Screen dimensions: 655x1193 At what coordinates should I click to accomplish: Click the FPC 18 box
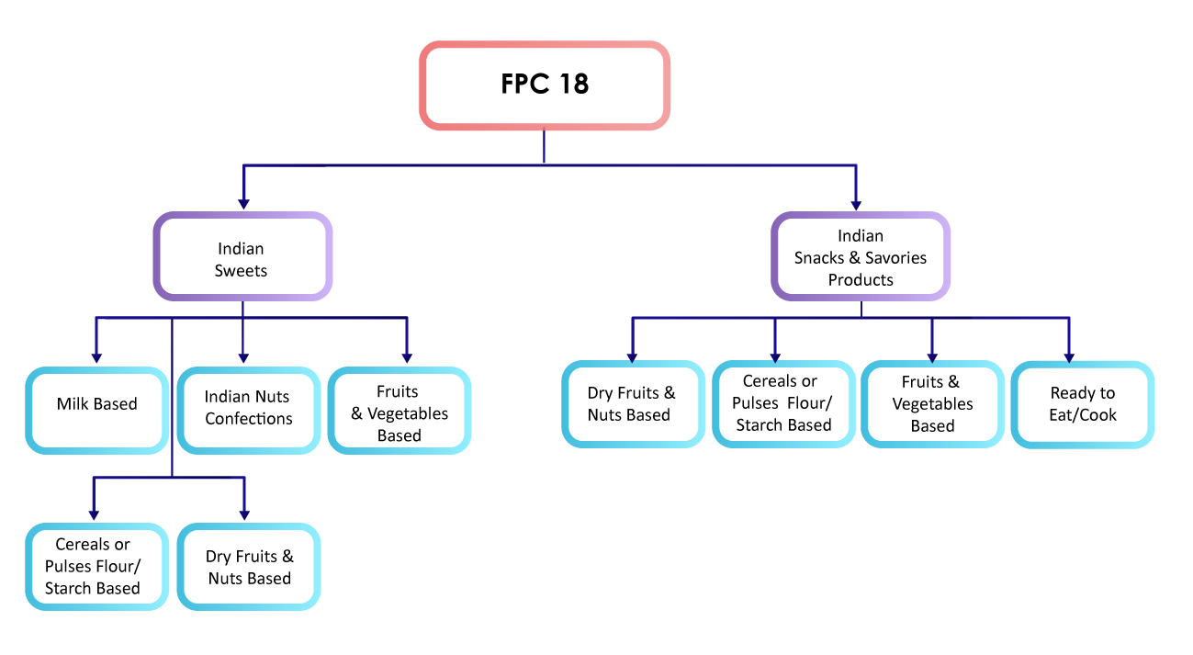coord(545,85)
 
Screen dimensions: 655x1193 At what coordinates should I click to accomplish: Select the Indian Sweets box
coord(242,258)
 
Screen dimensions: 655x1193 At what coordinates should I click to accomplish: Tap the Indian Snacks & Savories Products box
coord(861,257)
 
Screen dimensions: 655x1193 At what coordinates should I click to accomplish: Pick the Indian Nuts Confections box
coord(248,408)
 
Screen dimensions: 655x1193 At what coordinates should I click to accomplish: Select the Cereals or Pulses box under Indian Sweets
coord(93,567)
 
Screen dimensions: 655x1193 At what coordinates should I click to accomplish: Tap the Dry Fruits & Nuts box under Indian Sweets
coord(249,567)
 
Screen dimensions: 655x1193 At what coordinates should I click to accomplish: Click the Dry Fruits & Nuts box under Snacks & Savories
coord(632,404)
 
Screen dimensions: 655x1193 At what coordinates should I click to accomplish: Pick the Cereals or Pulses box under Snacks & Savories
coord(783,403)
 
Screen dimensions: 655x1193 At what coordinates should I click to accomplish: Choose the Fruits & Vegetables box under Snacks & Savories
coord(932,404)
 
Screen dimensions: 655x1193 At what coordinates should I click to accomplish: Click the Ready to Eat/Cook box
coord(1083,404)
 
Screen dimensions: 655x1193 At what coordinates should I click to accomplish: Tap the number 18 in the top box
coord(572,85)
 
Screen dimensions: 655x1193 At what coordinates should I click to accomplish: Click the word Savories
coord(895,258)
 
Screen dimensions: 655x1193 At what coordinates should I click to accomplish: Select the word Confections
coord(248,419)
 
